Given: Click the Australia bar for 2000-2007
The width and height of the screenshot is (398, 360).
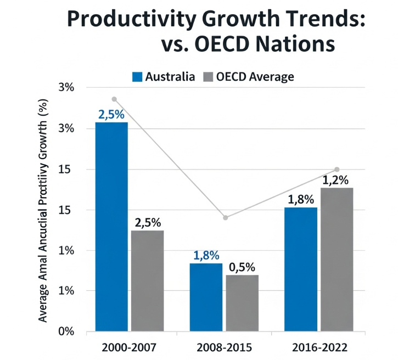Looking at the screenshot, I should [x=111, y=227].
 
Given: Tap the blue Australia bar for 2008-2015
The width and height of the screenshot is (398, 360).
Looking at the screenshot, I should [x=206, y=297].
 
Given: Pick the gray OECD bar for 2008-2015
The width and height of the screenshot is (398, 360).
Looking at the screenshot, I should [x=242, y=303].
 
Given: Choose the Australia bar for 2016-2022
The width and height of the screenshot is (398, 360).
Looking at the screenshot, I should [x=301, y=269].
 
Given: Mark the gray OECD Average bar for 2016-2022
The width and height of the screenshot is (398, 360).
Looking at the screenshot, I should [x=337, y=260].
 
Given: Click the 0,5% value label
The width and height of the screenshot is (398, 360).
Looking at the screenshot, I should [x=242, y=267].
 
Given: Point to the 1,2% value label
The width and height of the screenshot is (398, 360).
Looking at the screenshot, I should [x=335, y=179].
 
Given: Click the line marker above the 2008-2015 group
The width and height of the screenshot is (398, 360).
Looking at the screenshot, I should [x=225, y=218].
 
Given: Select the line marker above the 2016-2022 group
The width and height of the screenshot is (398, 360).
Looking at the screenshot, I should [x=337, y=170].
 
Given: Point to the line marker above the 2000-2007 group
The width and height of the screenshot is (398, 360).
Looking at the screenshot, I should [x=114, y=99].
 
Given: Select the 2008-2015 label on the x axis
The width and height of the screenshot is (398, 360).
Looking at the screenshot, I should [x=225, y=348].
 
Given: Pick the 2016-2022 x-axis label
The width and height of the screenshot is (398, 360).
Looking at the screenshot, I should [x=319, y=348].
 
